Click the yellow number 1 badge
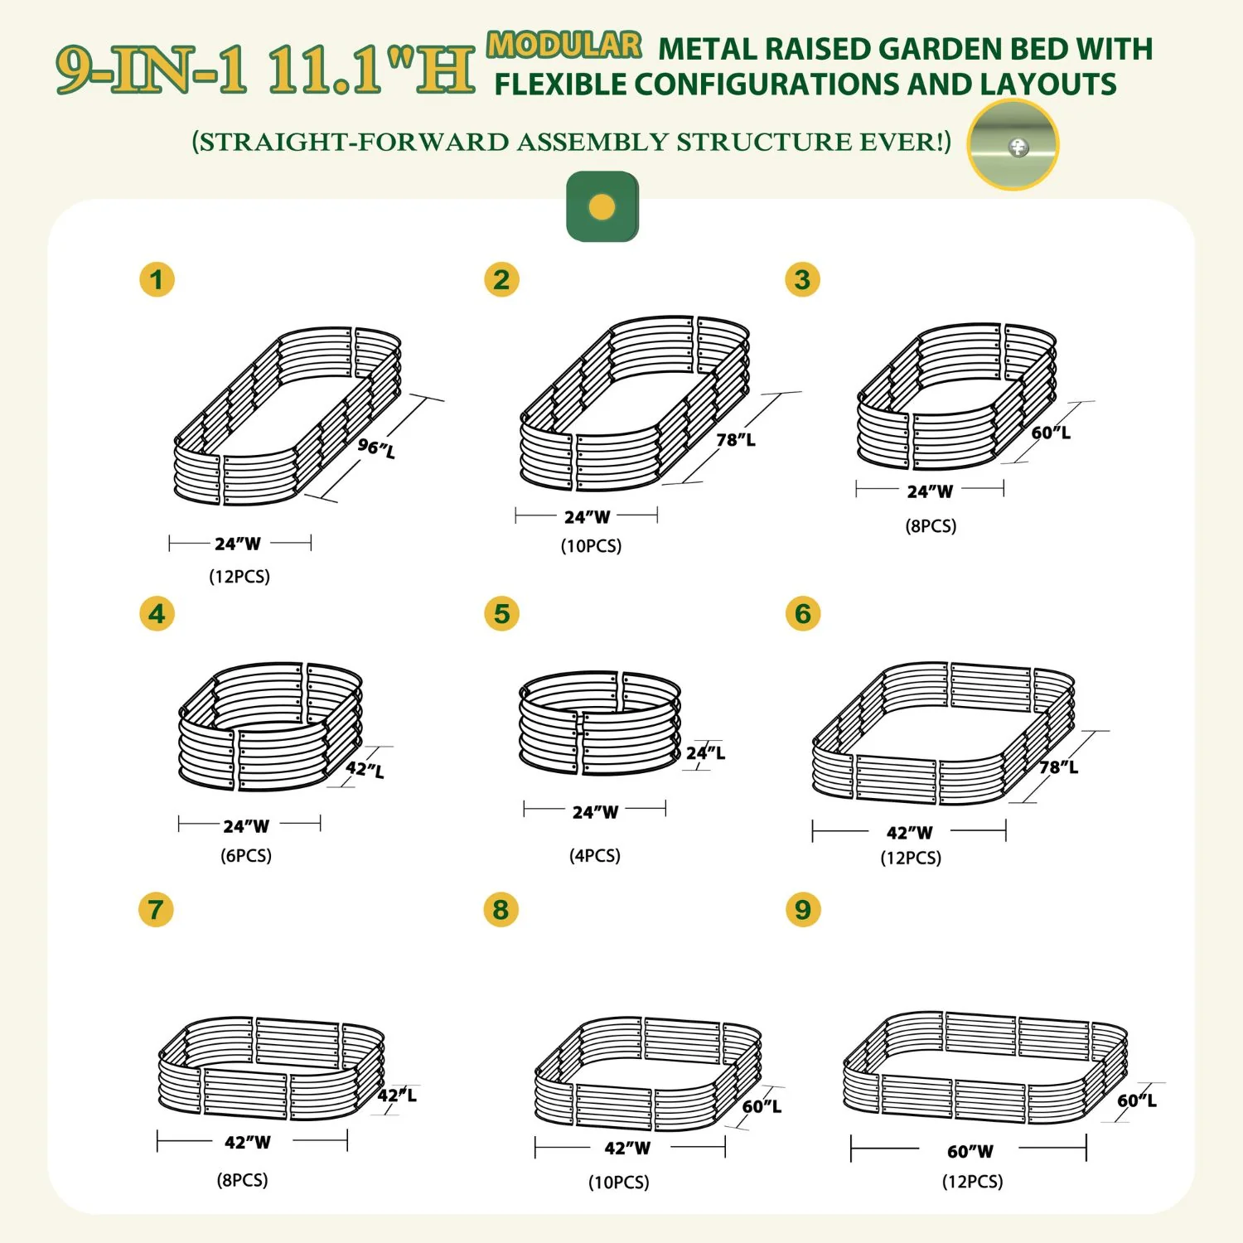(157, 279)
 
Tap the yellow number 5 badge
(501, 614)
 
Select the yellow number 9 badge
(802, 909)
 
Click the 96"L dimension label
(376, 447)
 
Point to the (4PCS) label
(595, 855)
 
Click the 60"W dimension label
(970, 1151)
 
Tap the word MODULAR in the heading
(564, 45)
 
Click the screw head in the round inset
(1018, 148)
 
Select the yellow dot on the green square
(602, 206)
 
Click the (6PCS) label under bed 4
(246, 855)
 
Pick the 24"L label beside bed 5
(705, 752)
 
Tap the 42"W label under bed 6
(909, 832)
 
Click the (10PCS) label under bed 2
(591, 545)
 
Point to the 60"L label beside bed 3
(1051, 432)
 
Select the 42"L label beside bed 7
(397, 1095)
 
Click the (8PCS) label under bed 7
(243, 1179)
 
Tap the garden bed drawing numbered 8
(648, 1074)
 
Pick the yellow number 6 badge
(802, 614)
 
